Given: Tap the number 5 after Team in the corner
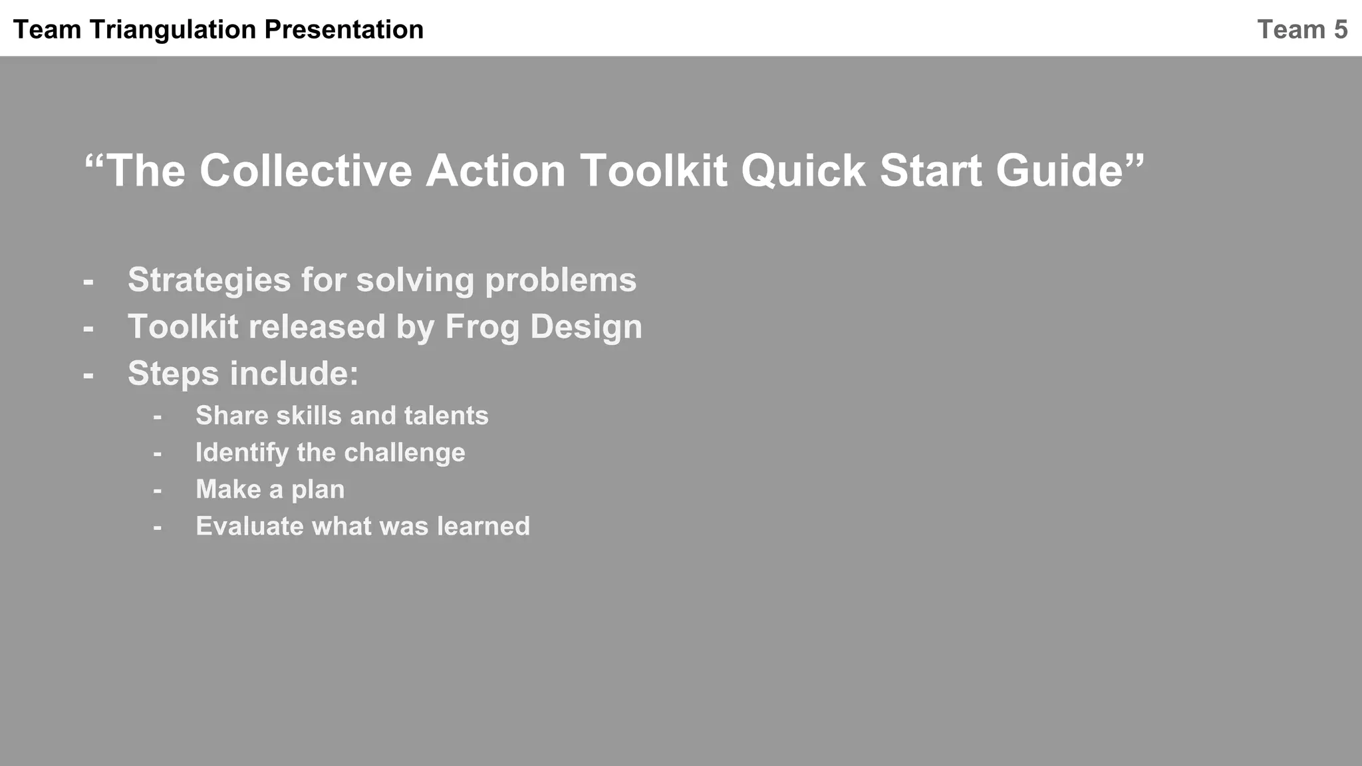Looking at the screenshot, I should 1340,30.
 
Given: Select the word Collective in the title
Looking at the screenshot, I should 305,171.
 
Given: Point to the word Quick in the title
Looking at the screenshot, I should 803,171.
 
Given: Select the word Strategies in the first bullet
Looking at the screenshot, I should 209,280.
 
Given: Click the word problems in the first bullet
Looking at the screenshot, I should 560,280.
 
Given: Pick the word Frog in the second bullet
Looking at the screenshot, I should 482,327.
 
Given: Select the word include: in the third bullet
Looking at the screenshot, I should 294,374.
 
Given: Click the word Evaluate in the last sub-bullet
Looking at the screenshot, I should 249,527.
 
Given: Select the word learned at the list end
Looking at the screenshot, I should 483,527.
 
